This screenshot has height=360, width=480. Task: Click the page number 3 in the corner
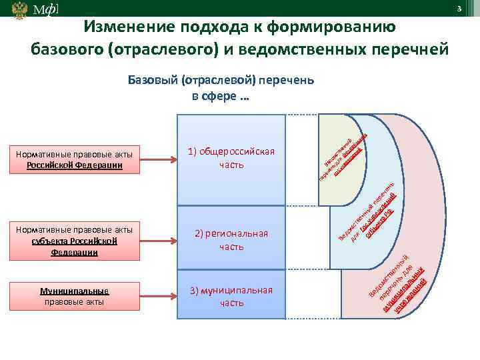click(459, 7)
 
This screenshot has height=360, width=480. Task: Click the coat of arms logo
click(21, 10)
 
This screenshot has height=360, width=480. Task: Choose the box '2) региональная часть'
click(231, 240)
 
